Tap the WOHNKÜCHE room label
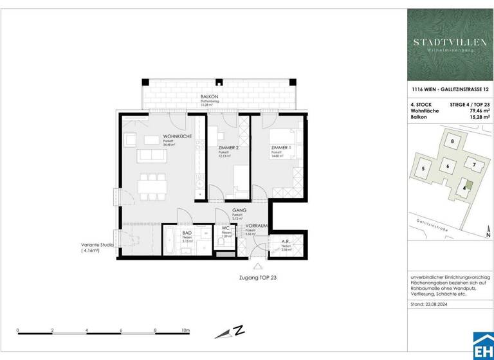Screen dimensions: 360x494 pos(174,136)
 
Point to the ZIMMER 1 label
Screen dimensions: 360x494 pos(282,148)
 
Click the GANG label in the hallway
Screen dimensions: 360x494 pos(237,210)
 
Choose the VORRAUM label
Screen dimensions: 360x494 pos(257,226)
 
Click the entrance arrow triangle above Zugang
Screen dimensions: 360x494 pos(258,266)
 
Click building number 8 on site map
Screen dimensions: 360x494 pos(453,141)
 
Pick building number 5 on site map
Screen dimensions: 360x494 pos(423,169)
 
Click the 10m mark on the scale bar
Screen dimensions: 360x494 pos(186,330)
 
